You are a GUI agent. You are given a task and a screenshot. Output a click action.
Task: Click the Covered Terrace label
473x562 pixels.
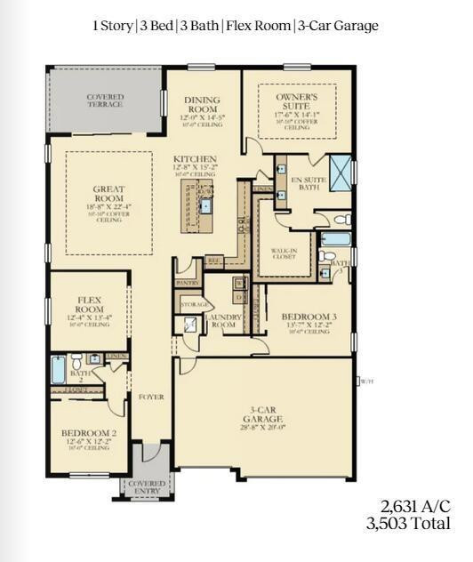105,101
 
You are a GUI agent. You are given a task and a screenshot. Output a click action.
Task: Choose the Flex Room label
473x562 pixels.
93,305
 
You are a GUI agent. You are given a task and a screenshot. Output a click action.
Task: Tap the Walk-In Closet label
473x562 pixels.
285,255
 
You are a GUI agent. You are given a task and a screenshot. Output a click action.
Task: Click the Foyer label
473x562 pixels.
152,397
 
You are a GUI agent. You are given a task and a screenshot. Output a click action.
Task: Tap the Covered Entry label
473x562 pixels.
147,487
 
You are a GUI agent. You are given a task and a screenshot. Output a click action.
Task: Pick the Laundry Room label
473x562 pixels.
222,321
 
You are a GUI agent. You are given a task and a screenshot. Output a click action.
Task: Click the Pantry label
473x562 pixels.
187,282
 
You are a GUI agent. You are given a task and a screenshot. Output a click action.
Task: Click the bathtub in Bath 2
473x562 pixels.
59,369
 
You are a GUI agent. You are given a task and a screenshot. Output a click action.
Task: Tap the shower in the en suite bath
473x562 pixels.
339,167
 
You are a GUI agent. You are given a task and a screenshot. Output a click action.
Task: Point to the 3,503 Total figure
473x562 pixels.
408,524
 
